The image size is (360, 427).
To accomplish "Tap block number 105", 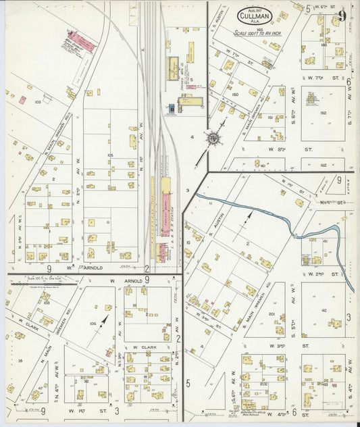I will click(109, 155).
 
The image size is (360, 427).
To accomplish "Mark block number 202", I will click(262, 383).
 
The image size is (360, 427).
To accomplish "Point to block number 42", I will click(323, 310).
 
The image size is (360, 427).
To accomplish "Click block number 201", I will click(271, 313).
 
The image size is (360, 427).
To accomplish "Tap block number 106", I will click(93, 323).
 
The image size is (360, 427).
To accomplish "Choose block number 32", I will click(83, 380).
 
